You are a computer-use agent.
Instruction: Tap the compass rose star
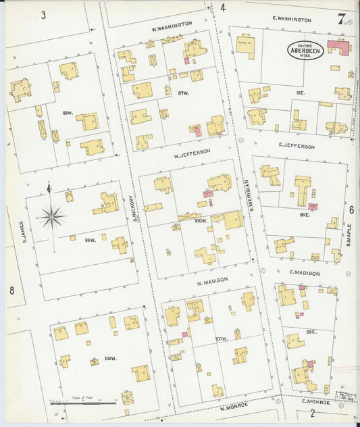point(51,216)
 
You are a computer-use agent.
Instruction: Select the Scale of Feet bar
point(82,403)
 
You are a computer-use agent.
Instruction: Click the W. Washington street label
point(172,26)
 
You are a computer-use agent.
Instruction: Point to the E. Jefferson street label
point(296,147)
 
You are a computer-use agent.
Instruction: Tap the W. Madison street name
point(212,280)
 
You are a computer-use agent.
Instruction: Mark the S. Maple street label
point(349,234)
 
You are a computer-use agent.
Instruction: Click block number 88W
point(66,112)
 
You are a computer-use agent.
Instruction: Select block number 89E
point(311,332)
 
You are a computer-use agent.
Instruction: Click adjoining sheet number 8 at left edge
point(11,291)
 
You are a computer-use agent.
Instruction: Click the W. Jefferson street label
point(192,153)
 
